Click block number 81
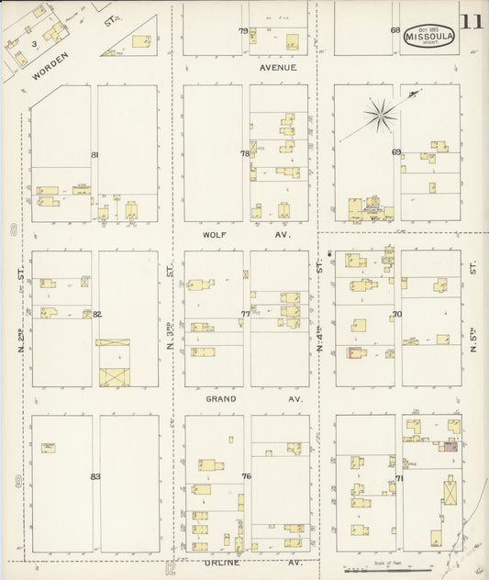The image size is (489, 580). pyautogui.click(x=94, y=154)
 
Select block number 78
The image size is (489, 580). pyautogui.click(x=245, y=153)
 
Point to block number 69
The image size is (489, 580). pyautogui.click(x=396, y=152)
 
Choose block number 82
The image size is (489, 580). pyautogui.click(x=96, y=315)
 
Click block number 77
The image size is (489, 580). pyautogui.click(x=246, y=314)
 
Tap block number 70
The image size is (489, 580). pyautogui.click(x=397, y=314)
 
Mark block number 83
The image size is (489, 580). pyautogui.click(x=94, y=476)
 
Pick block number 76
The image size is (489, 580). pyautogui.click(x=246, y=476)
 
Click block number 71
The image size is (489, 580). pyautogui.click(x=399, y=478)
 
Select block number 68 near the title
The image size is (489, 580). pyautogui.click(x=395, y=30)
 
